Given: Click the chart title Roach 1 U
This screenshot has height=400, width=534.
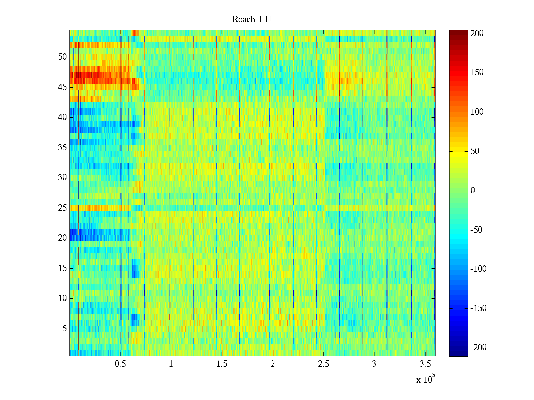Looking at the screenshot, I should [x=251, y=20].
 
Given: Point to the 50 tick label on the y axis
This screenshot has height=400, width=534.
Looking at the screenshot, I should [x=62, y=57].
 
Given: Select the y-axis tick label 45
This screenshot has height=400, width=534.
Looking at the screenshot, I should [x=62, y=87].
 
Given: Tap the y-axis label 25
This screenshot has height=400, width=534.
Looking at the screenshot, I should [x=62, y=208].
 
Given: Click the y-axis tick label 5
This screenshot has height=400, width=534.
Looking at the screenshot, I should [x=64, y=329].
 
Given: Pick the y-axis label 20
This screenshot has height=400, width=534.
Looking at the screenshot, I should [x=62, y=238].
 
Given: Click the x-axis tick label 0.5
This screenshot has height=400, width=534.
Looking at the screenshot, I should [x=120, y=364].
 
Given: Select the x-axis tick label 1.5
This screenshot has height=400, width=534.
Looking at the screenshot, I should [x=222, y=364].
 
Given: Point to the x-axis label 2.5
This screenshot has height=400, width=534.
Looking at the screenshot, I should [x=323, y=364].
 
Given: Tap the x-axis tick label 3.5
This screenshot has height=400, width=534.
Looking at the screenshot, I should [x=425, y=364].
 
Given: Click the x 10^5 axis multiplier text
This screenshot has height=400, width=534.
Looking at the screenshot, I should [x=426, y=379].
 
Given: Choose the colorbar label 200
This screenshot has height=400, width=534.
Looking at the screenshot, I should [x=477, y=34].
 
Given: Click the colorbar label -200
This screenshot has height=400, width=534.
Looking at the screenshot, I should [x=478, y=348].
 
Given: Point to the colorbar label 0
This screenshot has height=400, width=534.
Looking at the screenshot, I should [x=473, y=191].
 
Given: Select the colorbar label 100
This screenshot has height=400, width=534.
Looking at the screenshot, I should [x=477, y=112].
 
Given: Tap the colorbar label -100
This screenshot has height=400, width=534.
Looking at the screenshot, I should [x=478, y=269].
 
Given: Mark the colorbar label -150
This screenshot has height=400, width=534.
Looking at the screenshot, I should [x=478, y=308].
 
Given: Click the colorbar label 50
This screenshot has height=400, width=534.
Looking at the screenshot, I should [x=475, y=151].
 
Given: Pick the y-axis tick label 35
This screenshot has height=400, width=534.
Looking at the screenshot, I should [x=62, y=148].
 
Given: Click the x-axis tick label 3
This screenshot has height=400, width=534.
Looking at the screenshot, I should [x=374, y=364].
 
